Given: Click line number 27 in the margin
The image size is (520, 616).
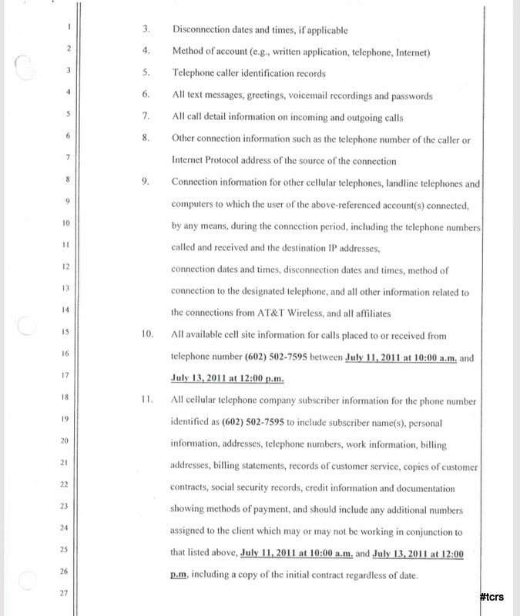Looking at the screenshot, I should (x=68, y=594).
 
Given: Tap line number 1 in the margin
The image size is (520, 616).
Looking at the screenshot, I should (x=69, y=29).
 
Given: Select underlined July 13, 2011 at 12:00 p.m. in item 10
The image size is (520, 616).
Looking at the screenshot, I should (x=224, y=379).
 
